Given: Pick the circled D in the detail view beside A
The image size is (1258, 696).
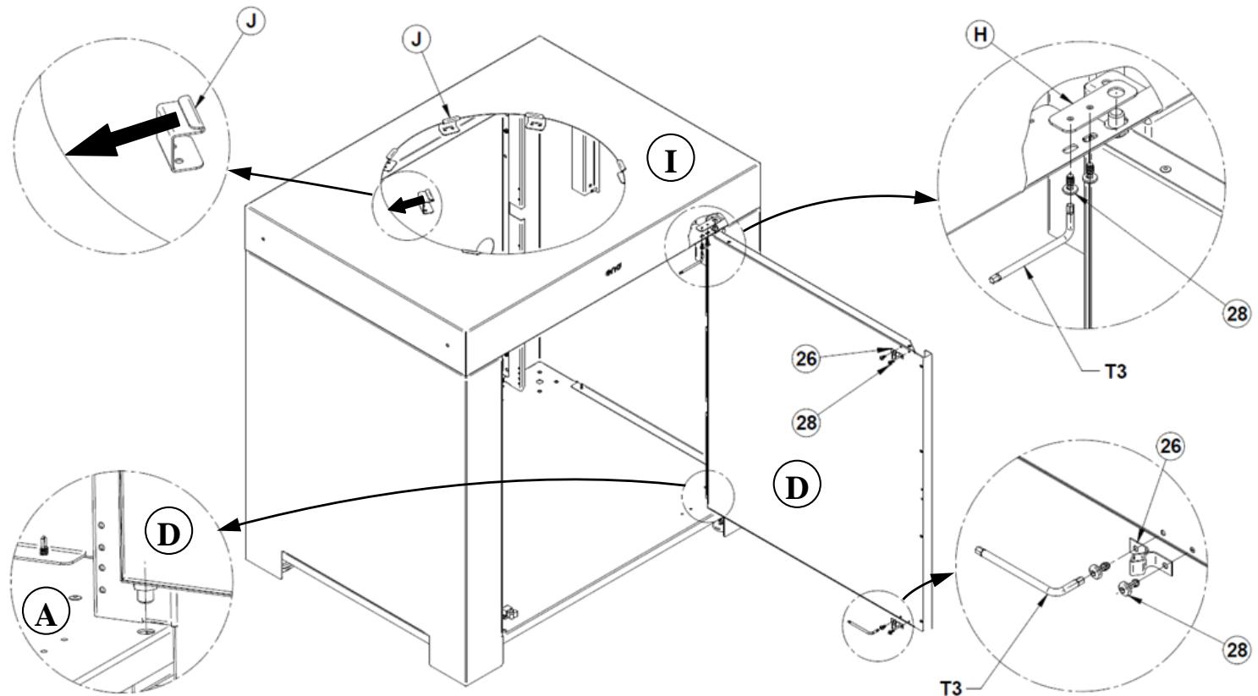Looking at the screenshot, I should tap(168, 534).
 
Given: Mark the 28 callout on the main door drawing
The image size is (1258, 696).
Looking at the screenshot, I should tap(807, 421).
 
